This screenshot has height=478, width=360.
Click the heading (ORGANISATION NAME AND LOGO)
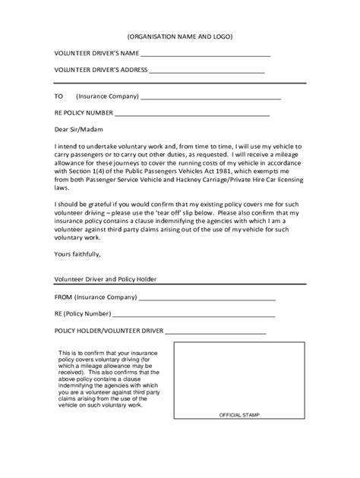tap(179, 36)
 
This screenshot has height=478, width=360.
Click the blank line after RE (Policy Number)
tap(193, 316)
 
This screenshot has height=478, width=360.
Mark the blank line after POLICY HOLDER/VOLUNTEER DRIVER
tap(216, 332)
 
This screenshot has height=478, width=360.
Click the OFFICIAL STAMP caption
tap(239, 417)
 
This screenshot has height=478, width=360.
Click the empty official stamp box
tap(239, 379)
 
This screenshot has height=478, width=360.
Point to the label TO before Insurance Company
tap(58, 96)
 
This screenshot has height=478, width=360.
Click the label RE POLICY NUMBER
tap(84, 113)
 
